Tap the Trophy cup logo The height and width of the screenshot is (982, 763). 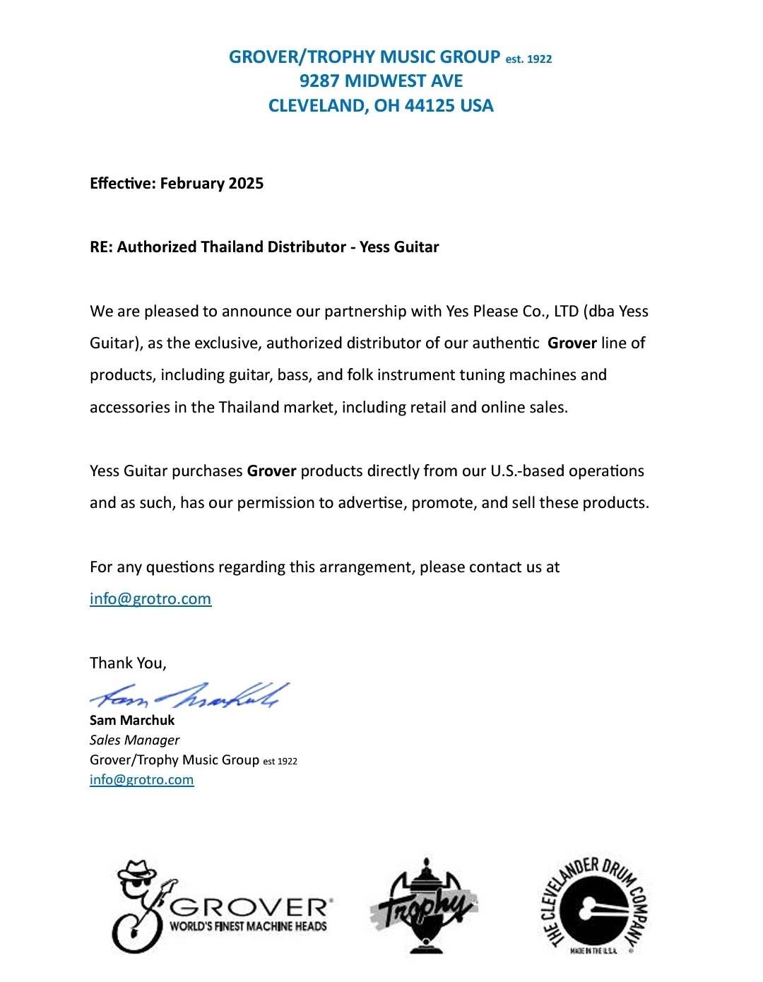pyautogui.click(x=422, y=906)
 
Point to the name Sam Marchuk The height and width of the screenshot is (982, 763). pyautogui.click(x=132, y=721)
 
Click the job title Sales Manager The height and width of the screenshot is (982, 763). pyautogui.click(x=134, y=740)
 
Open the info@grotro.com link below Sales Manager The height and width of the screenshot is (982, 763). pyautogui.click(x=141, y=780)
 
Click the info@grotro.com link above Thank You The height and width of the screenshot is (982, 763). pyautogui.click(x=150, y=599)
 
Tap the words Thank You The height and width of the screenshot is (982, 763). pyautogui.click(x=127, y=663)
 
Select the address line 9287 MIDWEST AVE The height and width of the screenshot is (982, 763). pyautogui.click(x=381, y=81)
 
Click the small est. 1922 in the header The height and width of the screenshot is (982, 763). pyautogui.click(x=528, y=59)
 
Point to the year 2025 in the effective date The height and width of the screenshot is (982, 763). pyautogui.click(x=245, y=184)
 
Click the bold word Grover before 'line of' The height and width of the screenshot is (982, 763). pyautogui.click(x=572, y=343)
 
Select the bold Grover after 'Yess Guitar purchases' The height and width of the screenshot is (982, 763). pyautogui.click(x=271, y=471)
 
